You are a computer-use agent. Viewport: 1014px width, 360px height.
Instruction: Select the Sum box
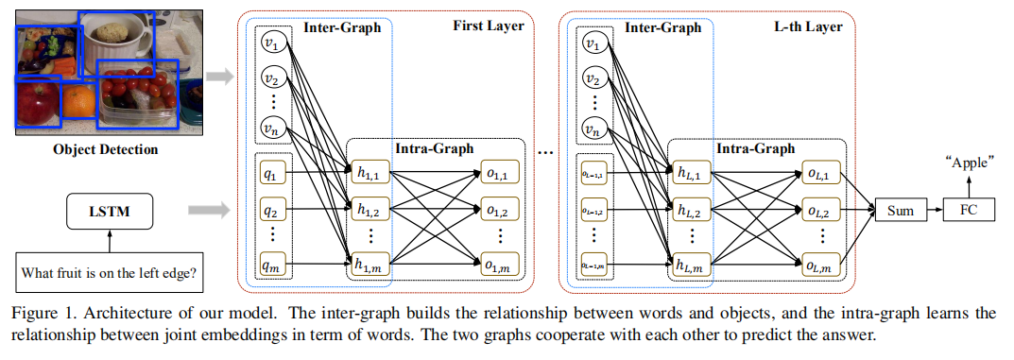901,210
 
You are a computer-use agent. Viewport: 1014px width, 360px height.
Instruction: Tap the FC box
970,210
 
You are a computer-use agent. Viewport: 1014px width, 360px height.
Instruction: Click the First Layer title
487,27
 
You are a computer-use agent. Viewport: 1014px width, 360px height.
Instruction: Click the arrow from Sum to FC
934,210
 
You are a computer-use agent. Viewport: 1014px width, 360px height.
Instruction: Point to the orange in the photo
80,100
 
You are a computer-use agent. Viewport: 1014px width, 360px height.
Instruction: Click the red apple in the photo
39,102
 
